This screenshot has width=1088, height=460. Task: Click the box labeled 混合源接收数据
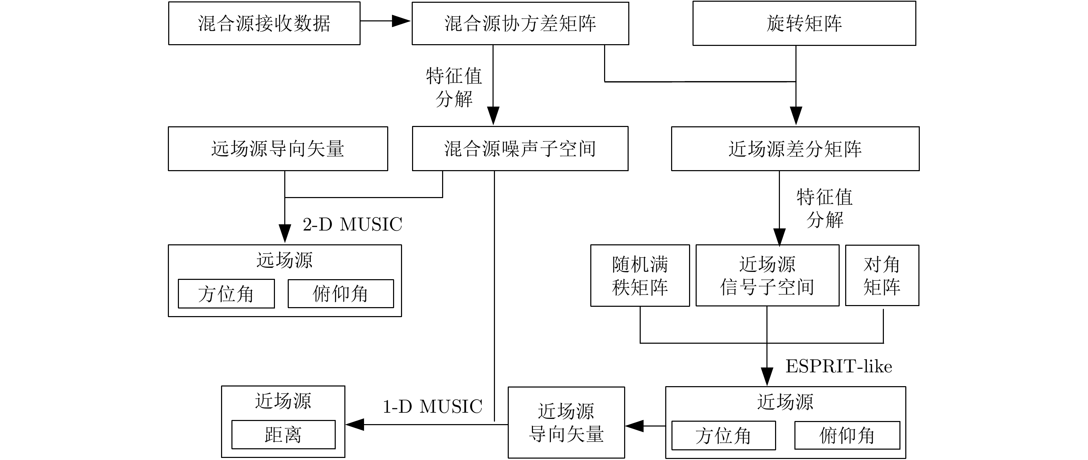(x=264, y=23)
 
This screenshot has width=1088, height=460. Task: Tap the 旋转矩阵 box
(x=804, y=23)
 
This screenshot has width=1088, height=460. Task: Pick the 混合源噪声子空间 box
(x=520, y=148)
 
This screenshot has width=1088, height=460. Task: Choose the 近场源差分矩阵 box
(x=795, y=148)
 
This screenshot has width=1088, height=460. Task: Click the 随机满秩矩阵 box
(x=640, y=276)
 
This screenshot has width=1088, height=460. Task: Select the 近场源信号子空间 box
(x=767, y=276)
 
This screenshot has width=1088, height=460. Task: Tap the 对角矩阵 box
(x=881, y=276)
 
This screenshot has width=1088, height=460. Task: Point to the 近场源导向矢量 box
(x=566, y=422)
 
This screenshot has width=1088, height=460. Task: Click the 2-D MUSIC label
(x=352, y=224)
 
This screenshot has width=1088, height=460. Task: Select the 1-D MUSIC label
(x=432, y=407)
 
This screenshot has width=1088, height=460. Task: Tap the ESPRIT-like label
(x=838, y=366)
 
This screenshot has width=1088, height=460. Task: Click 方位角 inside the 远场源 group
(x=226, y=294)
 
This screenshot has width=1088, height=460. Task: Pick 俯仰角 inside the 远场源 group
(x=341, y=294)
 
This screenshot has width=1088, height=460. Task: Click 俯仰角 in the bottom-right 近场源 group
(x=847, y=435)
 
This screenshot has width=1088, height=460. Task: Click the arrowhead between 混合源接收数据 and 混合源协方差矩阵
(x=401, y=21)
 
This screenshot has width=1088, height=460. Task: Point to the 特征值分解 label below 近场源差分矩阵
(x=824, y=208)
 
